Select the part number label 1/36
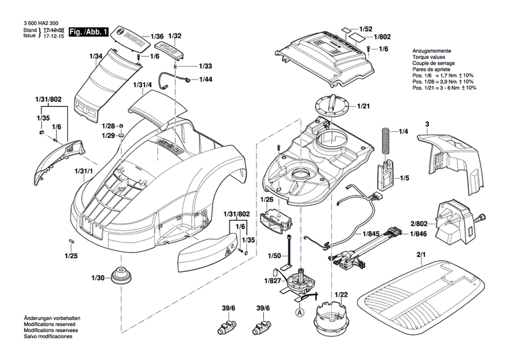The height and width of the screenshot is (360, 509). coord(157,35)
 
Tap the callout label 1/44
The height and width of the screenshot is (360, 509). coord(206,80)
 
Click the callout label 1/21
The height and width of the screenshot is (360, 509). coord(364,107)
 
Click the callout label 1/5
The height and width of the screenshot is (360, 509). coord(404,178)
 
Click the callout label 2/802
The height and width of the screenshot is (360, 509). coord(418,223)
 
